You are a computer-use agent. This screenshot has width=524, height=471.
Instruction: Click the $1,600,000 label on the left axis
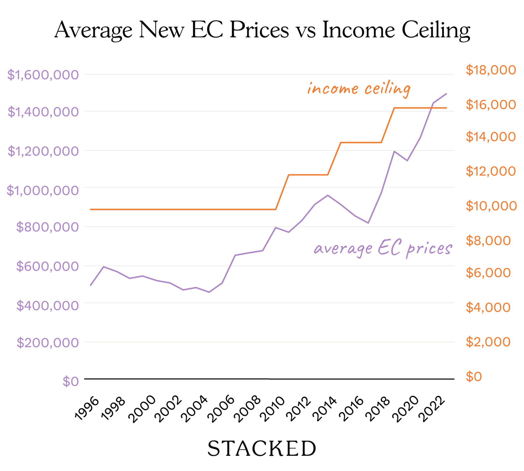43,75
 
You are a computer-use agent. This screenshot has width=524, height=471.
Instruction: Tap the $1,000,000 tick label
43,191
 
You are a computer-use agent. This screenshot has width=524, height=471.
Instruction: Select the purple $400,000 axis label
47,306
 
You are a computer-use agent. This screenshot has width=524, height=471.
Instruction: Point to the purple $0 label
71,382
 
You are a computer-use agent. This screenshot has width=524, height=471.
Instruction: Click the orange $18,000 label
491,70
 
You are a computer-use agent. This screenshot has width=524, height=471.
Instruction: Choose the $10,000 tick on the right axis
491,206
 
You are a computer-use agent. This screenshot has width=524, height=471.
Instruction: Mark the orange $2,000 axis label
488,342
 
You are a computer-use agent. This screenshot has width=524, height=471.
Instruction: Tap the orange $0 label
474,377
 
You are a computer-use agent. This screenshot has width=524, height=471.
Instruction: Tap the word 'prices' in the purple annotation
429,250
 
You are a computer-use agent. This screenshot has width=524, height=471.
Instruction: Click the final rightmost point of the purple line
446,94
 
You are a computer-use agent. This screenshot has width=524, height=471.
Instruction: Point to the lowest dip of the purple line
209,292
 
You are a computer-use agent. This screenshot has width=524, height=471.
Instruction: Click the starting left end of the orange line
90,209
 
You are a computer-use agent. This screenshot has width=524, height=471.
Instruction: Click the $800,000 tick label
47,227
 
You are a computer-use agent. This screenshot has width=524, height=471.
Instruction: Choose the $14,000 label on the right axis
491,137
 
